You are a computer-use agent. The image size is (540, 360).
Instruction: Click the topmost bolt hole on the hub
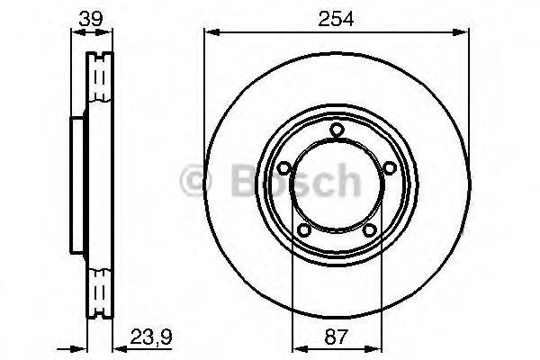point(337,131)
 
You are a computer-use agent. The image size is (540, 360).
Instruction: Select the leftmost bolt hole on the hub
point(283,168)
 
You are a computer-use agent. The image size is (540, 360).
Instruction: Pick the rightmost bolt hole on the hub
point(390,168)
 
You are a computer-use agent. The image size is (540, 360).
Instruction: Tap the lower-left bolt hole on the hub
point(304,231)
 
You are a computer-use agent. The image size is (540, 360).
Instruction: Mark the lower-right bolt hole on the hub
point(369,231)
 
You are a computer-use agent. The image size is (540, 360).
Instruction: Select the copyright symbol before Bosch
point(196,182)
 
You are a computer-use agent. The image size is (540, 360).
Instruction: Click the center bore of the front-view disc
point(337,184)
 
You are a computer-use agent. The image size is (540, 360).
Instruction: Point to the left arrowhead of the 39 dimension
point(74,32)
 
